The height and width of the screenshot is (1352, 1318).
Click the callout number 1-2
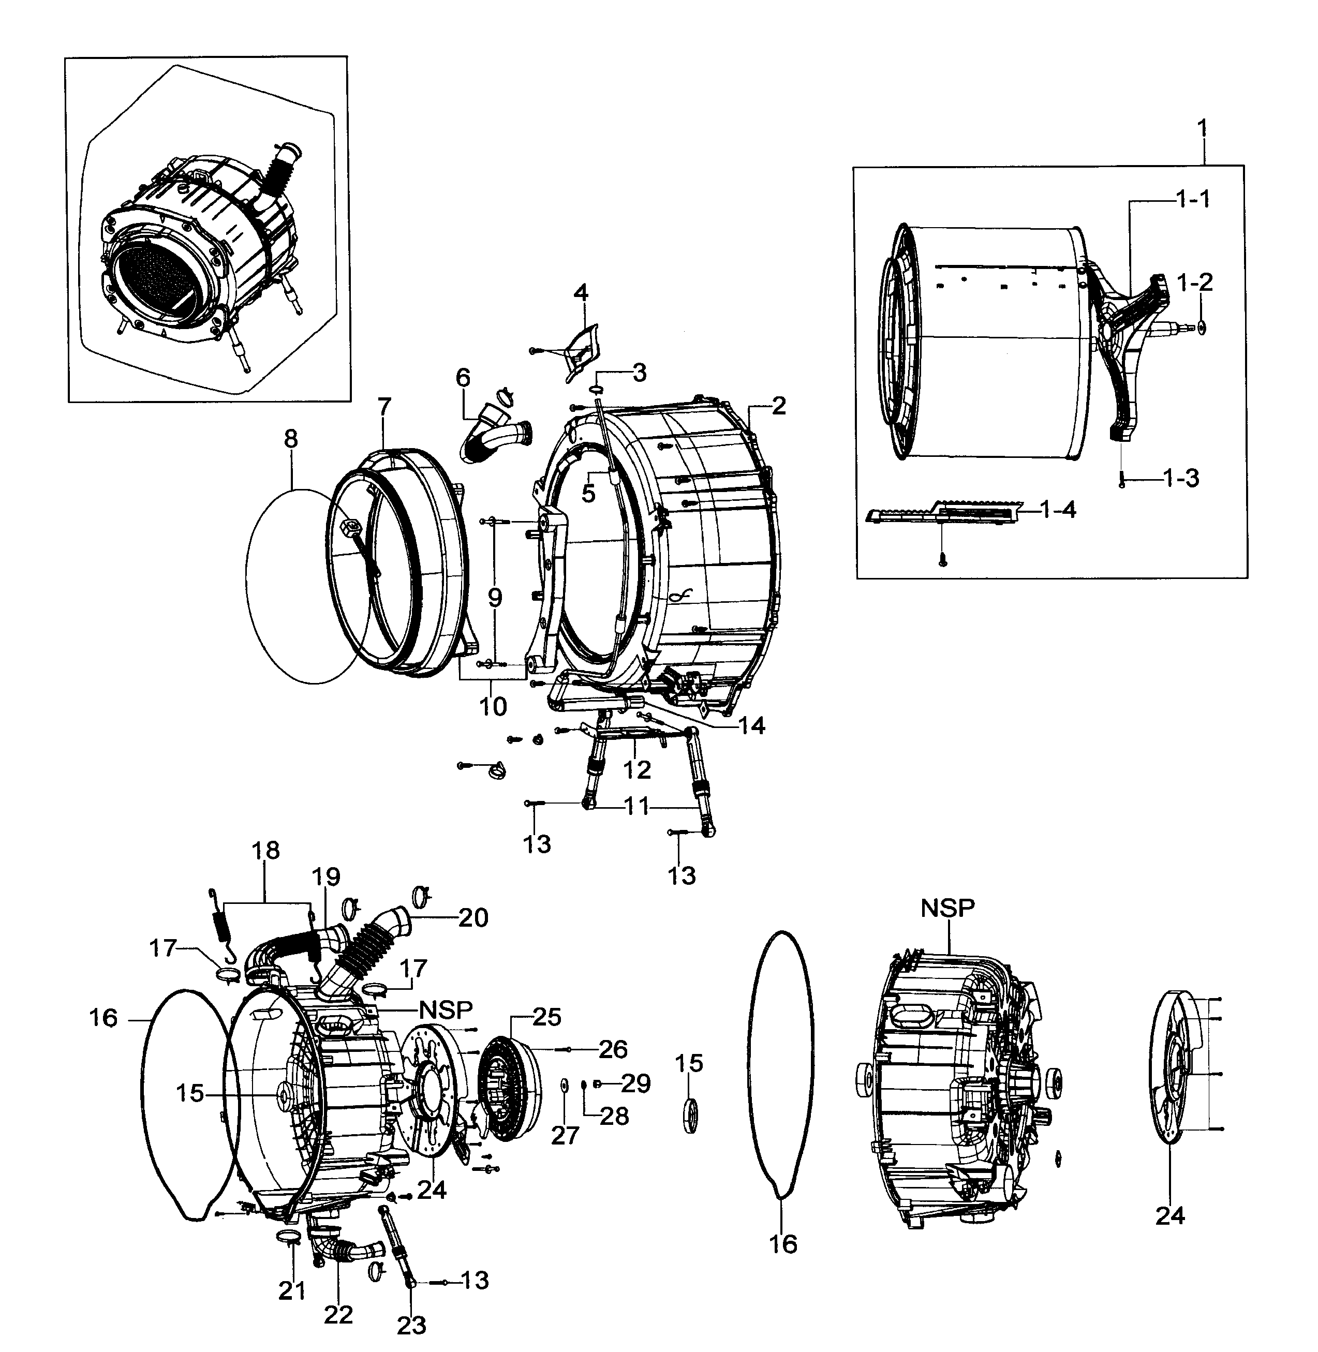pyautogui.click(x=1195, y=282)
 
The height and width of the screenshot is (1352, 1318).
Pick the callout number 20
pyautogui.click(x=473, y=917)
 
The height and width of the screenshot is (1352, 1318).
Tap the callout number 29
pyautogui.click(x=635, y=1083)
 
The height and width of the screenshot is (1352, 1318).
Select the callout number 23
pyautogui.click(x=411, y=1325)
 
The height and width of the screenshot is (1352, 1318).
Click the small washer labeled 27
pyautogui.click(x=563, y=1083)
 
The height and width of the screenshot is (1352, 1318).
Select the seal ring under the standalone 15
pyautogui.click(x=690, y=1115)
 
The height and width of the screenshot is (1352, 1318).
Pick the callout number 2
pyautogui.click(x=779, y=406)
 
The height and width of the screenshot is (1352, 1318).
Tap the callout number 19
pyautogui.click(x=326, y=877)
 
